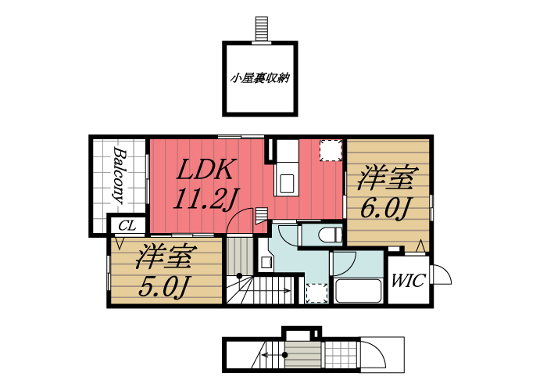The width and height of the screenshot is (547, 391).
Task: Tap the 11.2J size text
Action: click(x=205, y=199)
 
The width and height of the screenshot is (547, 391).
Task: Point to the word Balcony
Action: click(x=120, y=176)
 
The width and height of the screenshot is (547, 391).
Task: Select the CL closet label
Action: click(x=127, y=226)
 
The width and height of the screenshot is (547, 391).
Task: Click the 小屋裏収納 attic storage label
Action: click(x=261, y=78)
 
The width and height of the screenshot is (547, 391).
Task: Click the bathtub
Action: click(x=357, y=291)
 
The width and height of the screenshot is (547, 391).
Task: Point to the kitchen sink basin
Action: click(x=285, y=184)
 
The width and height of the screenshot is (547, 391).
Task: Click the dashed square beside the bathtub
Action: click(x=316, y=292)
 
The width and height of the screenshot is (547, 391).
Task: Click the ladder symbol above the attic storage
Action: click(x=261, y=27)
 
